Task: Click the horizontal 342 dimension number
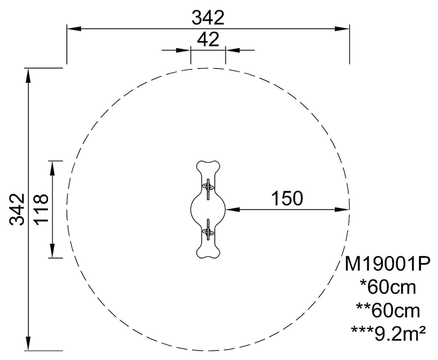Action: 208,18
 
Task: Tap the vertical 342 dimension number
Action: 17,209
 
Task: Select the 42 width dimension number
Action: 208,39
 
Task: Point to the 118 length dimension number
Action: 41,209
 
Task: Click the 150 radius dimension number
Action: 287,198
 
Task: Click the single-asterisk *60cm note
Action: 388,287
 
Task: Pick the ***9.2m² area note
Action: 388,333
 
